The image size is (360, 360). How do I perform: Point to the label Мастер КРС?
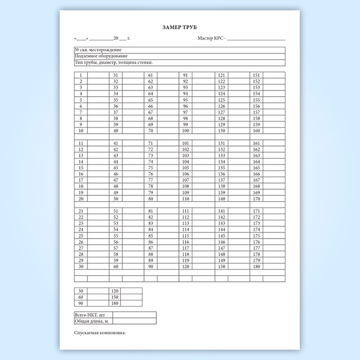[211, 39]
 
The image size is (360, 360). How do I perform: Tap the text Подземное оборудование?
[101, 56]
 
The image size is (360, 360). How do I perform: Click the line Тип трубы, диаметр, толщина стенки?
[114, 62]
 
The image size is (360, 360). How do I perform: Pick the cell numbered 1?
[81, 76]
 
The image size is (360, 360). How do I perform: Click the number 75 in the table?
[151, 168]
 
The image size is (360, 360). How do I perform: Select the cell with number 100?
[186, 131]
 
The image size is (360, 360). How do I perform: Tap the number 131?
[222, 143]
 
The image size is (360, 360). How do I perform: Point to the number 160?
[257, 131]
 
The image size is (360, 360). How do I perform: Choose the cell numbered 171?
[257, 211]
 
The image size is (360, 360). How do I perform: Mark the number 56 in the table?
[116, 242]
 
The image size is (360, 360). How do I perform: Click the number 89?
[151, 261]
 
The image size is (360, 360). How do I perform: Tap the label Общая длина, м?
[92, 321]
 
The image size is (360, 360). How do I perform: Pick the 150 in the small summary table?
[115, 297]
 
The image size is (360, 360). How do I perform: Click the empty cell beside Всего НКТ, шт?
[134, 314]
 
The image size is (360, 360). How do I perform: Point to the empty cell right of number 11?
[98, 143]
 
